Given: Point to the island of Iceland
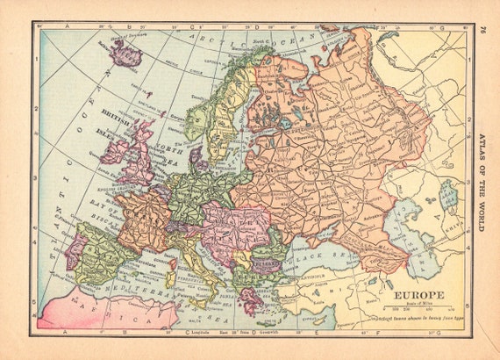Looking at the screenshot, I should [125, 54].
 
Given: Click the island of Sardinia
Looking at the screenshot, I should [171, 273].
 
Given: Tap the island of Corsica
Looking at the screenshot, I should [173, 254].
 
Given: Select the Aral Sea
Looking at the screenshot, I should [449, 198].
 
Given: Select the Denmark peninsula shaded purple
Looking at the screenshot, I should [198, 158].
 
